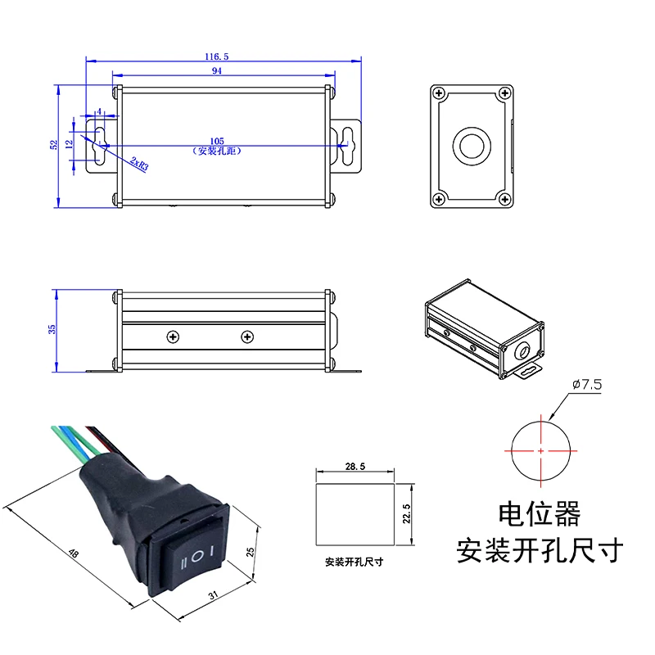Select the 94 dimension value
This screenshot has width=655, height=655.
click(217, 71)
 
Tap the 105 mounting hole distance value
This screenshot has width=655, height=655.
click(217, 141)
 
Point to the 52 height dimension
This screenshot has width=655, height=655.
click(54, 144)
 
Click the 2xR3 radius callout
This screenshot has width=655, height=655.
click(138, 165)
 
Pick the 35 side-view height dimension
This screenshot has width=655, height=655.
click(52, 328)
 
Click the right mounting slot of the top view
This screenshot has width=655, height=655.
click(349, 144)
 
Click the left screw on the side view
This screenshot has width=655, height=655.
click(173, 337)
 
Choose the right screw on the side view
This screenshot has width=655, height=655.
click(246, 337)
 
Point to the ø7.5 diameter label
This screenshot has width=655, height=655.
click(586, 384)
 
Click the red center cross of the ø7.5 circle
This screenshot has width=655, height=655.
click(541, 450)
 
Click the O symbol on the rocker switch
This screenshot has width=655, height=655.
click(197, 558)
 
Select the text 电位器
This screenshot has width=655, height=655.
click(540, 514)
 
